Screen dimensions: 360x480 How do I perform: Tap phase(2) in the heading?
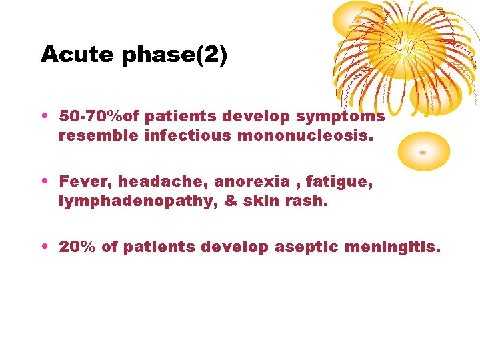[x=174, y=55]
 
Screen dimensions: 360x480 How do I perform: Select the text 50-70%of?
[x=99, y=117]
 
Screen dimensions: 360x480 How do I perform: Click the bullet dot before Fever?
[x=44, y=181]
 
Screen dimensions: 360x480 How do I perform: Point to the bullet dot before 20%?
[x=44, y=247]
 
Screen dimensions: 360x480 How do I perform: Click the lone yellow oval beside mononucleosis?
[x=424, y=151]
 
